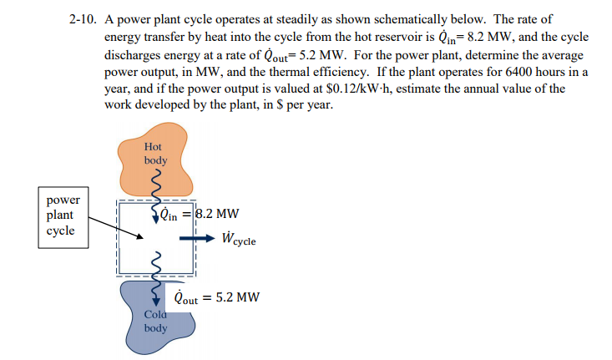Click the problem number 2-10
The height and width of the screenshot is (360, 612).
pyautogui.click(x=83, y=18)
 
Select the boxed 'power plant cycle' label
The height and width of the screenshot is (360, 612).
pyautogui.click(x=63, y=215)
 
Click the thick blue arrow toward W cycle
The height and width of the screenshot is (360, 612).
pyautogui.click(x=195, y=238)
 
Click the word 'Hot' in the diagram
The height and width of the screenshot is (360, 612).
pyautogui.click(x=155, y=145)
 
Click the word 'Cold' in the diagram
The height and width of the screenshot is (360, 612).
pyautogui.click(x=155, y=314)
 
